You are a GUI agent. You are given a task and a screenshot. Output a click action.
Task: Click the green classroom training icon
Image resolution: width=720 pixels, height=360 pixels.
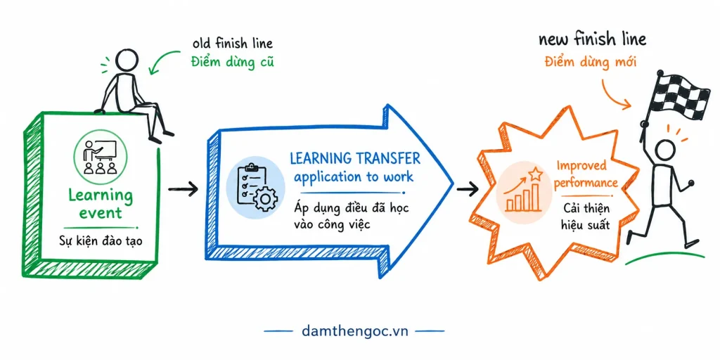[100, 157]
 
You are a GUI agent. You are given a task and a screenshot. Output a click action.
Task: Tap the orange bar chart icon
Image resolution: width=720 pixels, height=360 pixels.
[522, 191]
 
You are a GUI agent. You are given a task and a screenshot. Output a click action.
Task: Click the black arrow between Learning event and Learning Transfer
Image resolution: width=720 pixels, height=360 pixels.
[183, 188]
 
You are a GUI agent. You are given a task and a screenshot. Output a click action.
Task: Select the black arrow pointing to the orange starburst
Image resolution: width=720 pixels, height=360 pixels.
[468, 188]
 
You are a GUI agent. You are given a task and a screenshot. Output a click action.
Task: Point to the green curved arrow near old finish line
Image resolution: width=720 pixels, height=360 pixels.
[164, 60]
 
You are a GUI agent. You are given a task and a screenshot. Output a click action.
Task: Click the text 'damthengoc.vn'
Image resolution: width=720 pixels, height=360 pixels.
[355, 330]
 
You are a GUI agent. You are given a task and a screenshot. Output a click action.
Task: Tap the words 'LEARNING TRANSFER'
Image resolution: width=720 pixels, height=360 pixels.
[354, 159]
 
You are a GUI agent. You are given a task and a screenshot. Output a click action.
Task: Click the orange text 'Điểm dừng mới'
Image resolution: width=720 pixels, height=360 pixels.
[590, 62]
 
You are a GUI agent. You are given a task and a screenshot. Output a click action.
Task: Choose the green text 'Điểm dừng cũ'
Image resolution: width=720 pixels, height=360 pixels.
[232, 62]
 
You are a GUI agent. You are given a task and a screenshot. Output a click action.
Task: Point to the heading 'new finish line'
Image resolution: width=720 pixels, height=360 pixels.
[592, 39]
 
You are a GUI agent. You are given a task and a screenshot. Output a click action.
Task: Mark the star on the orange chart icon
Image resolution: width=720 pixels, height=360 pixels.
[535, 174]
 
